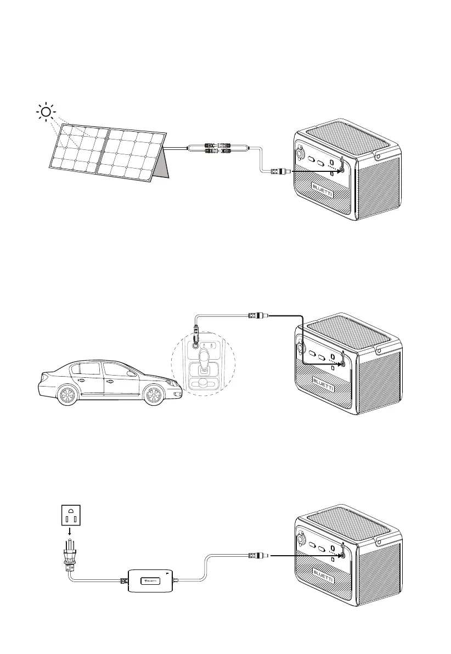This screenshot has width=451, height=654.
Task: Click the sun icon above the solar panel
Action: (46, 113)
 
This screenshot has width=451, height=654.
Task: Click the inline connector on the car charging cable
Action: (257, 316)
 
